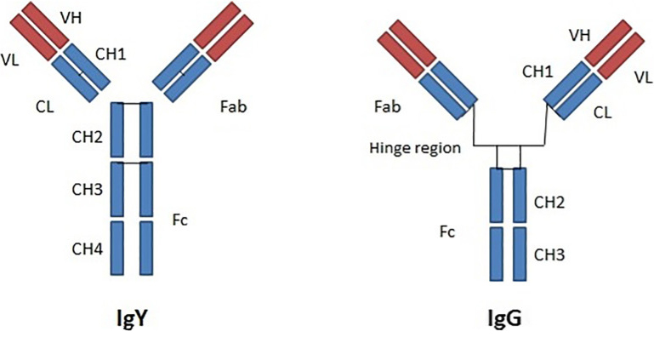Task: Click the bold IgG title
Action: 509,320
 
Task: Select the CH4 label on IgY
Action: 88,249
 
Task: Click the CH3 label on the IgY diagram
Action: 88,186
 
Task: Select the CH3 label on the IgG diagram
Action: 550,254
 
